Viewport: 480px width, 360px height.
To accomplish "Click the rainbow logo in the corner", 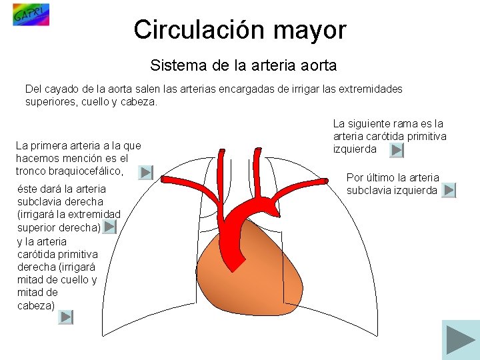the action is (31, 15).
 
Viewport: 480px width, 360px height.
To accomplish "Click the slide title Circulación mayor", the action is (239, 30).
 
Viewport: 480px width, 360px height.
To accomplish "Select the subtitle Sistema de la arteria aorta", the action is (243, 65).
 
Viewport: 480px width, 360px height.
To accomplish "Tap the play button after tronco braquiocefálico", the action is (145, 173).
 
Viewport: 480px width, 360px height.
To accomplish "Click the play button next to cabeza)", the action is (65, 317).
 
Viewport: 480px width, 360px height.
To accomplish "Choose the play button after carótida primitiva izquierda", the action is (397, 151).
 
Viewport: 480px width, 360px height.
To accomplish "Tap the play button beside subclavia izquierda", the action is (449, 191).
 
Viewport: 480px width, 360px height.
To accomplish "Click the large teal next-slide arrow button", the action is (461, 340).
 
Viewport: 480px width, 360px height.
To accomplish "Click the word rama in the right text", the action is (405, 123).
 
